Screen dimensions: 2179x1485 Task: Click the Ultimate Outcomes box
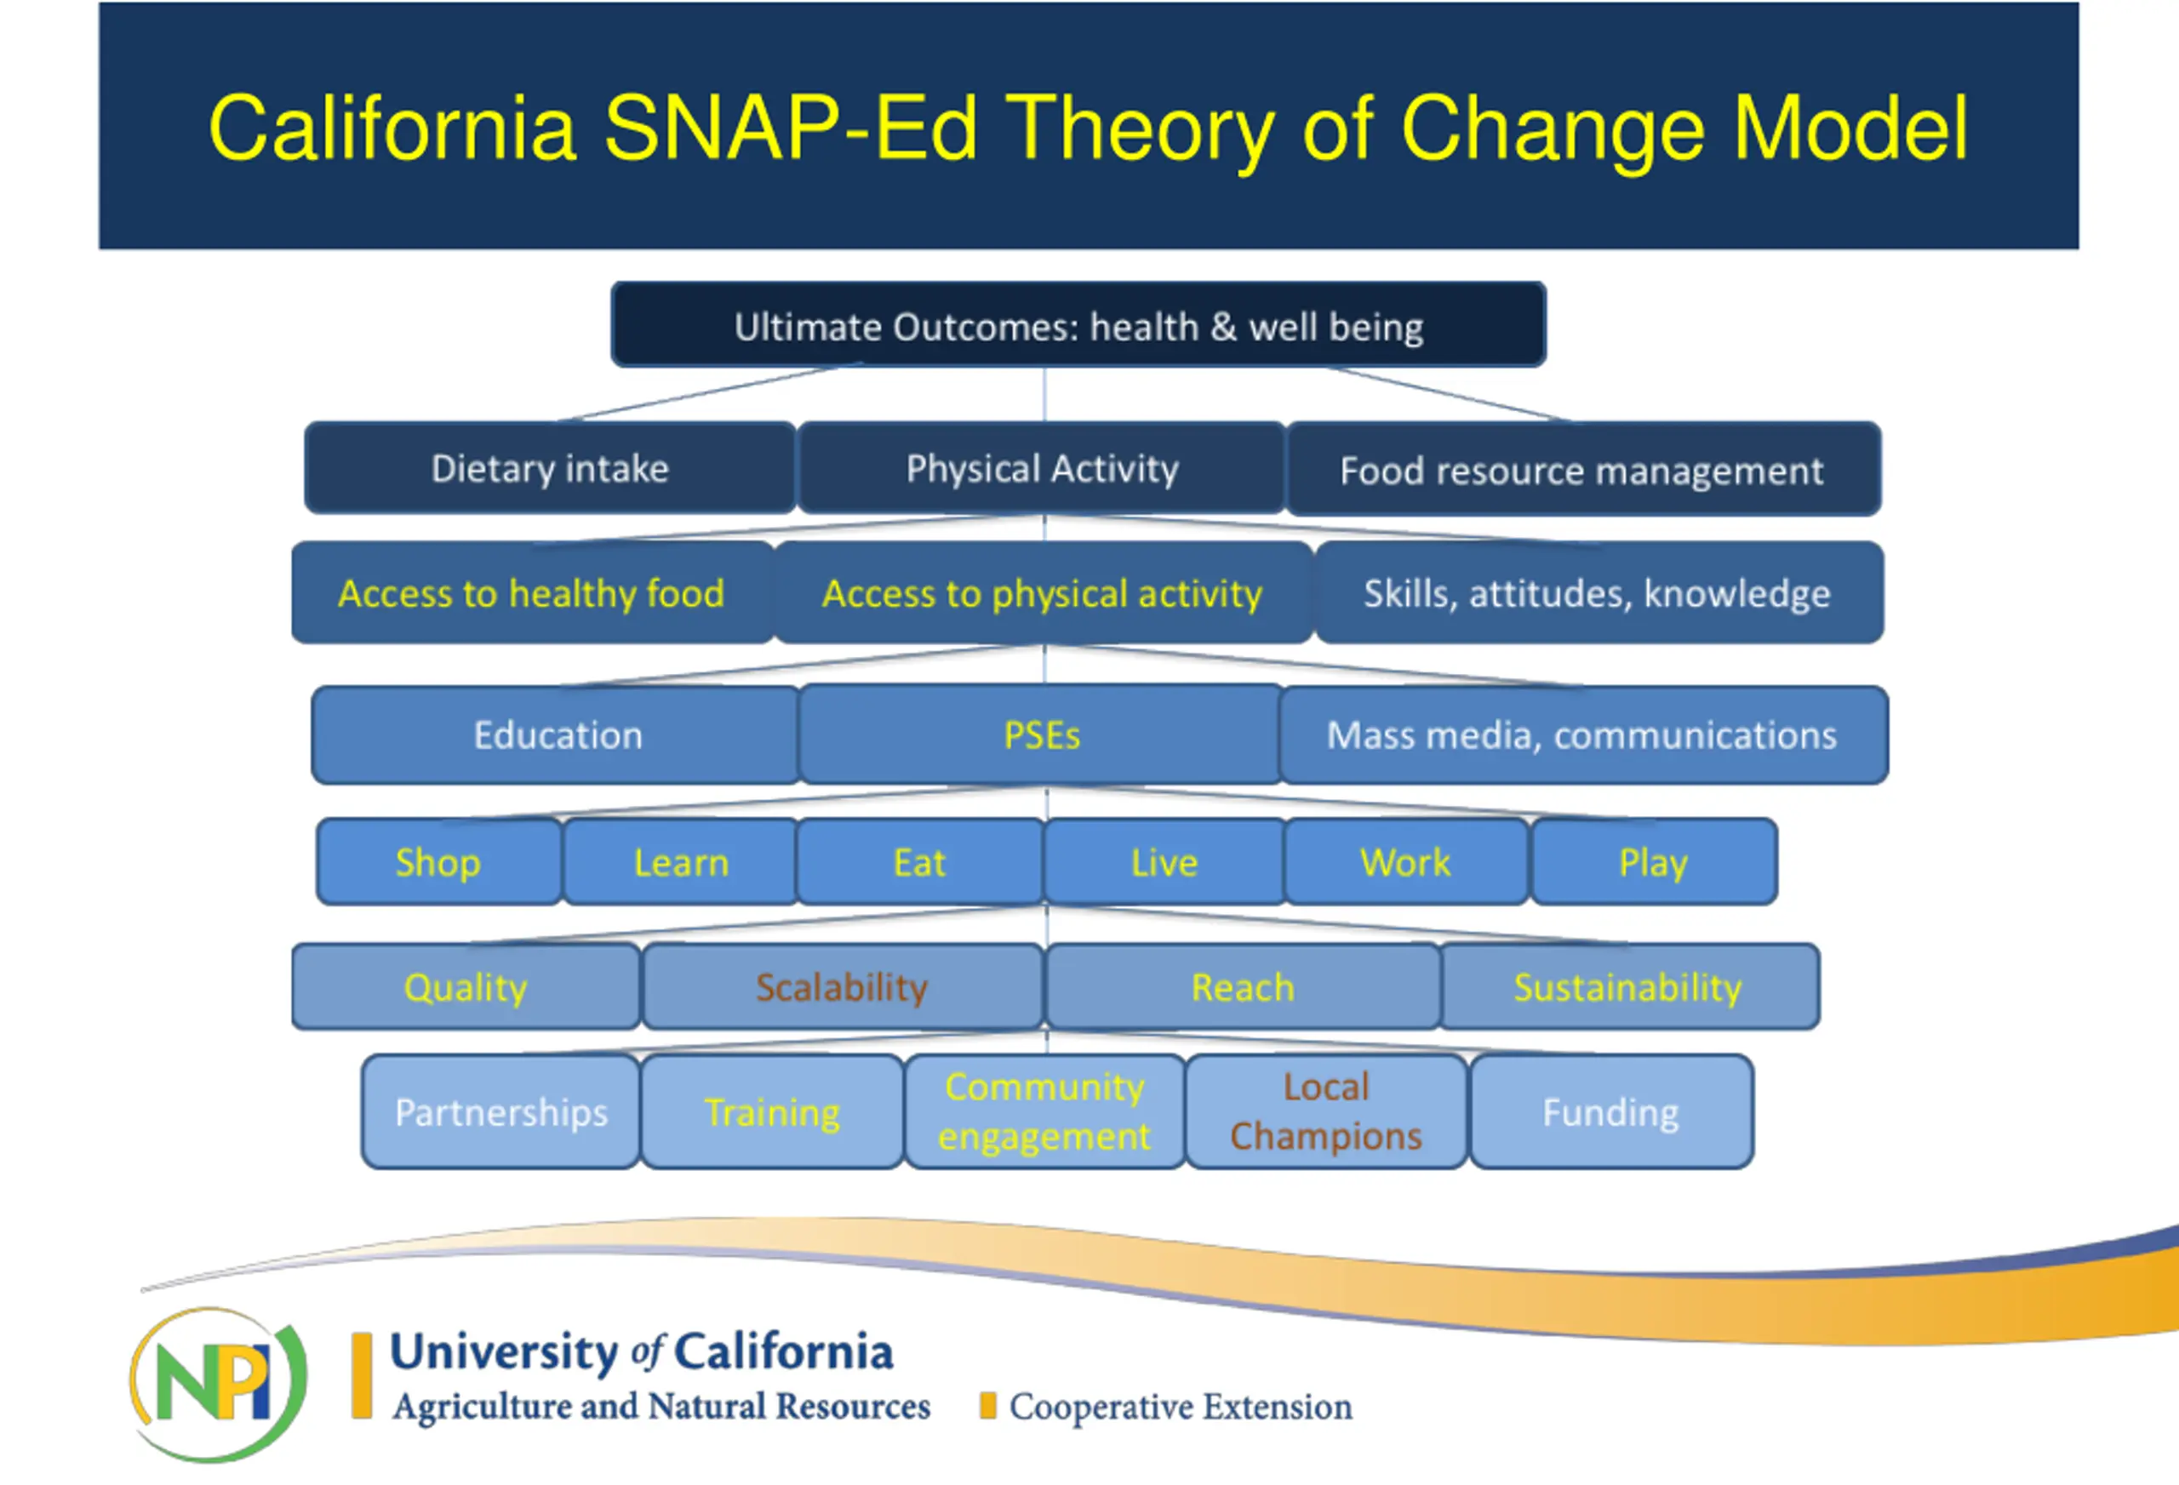[x=1078, y=324]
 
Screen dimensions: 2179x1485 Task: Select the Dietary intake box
[x=551, y=468]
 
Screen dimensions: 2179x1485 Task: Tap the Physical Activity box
[x=1042, y=468]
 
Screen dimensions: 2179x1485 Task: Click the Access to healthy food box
[x=533, y=592]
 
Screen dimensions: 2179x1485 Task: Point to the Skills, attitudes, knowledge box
[x=1599, y=592]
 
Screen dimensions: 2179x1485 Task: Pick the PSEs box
[x=1041, y=734]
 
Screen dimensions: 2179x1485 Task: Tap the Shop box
[x=439, y=861]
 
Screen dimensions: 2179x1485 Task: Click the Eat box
[x=920, y=861]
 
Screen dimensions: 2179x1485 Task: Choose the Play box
[x=1654, y=861]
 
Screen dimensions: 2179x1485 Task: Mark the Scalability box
[x=842, y=986]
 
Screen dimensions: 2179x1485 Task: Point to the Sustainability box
[x=1629, y=986]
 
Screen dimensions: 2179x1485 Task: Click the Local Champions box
[x=1327, y=1111]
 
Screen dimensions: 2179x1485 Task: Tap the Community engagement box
[x=1044, y=1111]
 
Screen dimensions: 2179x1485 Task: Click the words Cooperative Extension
[x=1181, y=1406]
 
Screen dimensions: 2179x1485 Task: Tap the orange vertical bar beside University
[x=362, y=1375]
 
